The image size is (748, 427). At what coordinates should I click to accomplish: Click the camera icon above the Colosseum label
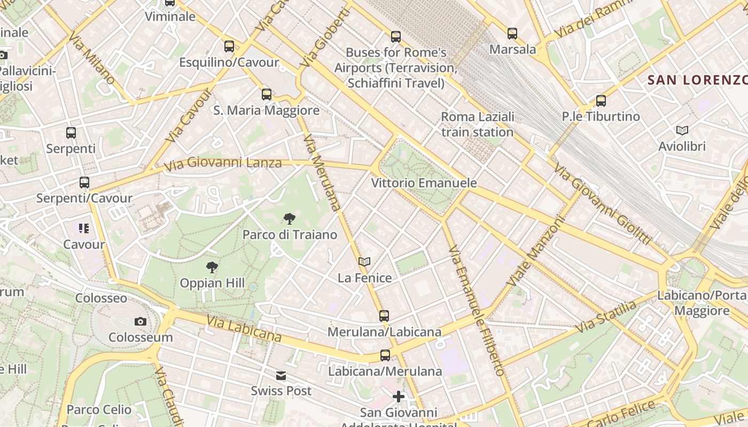[x=141, y=321]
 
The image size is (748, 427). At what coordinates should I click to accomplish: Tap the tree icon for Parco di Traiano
[x=290, y=218]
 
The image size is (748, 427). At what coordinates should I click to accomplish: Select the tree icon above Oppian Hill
[x=212, y=267]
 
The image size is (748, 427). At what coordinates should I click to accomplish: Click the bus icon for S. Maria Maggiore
[x=267, y=94]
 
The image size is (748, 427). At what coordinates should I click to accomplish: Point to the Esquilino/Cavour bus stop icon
[x=229, y=46]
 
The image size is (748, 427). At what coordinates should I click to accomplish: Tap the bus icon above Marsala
[x=512, y=34]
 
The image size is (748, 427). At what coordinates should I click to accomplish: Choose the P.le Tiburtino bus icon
[x=601, y=100]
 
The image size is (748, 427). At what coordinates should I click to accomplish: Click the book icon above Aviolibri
[x=682, y=130]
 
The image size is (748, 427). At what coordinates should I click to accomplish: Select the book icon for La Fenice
[x=364, y=262]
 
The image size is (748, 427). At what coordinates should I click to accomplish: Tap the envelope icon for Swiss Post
[x=281, y=376]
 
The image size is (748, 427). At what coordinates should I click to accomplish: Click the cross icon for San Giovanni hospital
[x=399, y=397]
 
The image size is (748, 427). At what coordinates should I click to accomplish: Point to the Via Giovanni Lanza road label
[x=223, y=163]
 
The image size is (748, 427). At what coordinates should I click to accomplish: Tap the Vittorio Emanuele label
[x=424, y=183]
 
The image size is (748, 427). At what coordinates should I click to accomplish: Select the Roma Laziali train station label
[x=478, y=124]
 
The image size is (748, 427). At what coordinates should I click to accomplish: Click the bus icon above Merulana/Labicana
[x=384, y=315]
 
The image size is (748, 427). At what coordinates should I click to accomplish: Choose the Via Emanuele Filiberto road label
[x=477, y=311]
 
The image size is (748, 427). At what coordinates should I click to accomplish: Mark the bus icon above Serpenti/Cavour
[x=84, y=183]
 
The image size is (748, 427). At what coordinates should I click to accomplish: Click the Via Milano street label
[x=92, y=58]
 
